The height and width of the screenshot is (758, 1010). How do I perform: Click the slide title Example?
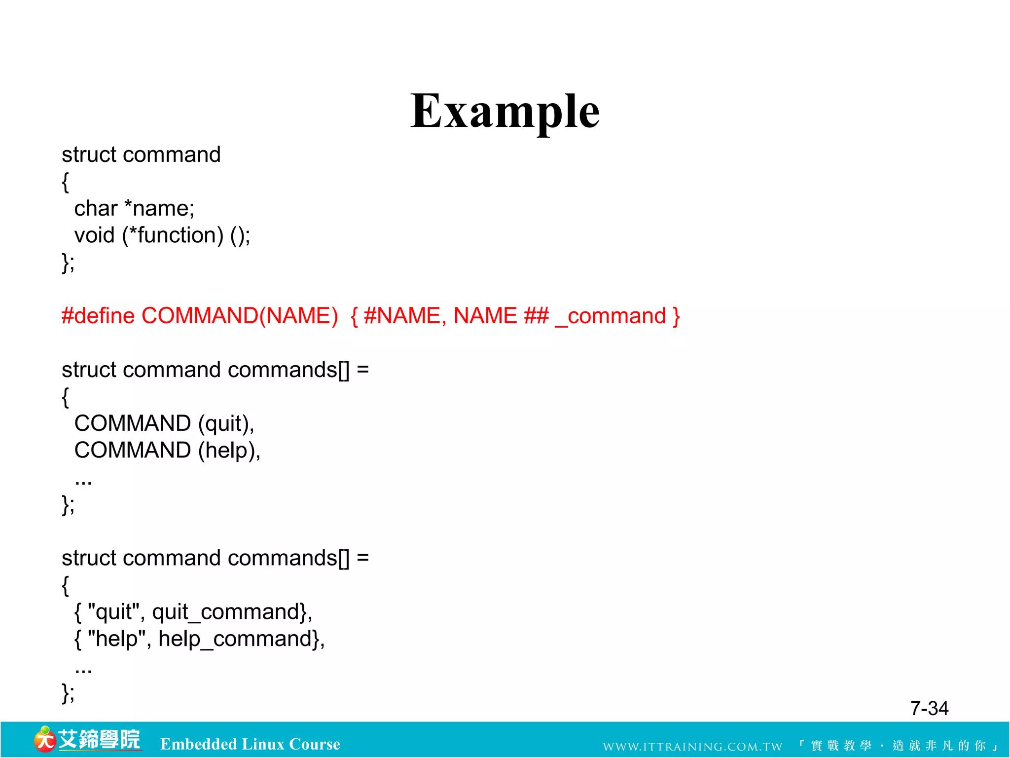505,112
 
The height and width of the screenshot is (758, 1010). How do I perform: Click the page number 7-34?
929,708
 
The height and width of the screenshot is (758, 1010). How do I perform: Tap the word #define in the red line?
98,316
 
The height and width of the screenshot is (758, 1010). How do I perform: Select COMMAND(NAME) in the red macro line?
240,316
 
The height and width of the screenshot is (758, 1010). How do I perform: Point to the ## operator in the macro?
536,316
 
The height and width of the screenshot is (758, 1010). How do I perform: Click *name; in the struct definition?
159,209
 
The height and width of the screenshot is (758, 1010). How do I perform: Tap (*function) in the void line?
173,235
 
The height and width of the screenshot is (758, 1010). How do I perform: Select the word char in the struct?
96,209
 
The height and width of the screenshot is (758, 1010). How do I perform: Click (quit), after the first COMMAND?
226,424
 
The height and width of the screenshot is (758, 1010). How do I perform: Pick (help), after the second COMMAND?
229,451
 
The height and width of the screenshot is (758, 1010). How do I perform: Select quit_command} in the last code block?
232,612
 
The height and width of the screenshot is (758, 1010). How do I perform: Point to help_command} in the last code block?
241,639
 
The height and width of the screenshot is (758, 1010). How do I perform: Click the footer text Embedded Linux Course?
250,744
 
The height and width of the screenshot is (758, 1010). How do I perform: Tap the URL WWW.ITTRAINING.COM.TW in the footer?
692,747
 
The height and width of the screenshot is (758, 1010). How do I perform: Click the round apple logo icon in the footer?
44,740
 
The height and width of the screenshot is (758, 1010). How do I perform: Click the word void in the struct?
94,235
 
